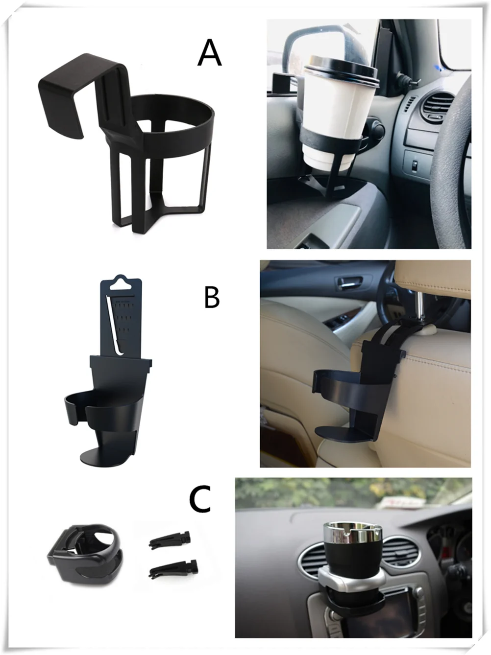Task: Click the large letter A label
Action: (210, 53)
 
